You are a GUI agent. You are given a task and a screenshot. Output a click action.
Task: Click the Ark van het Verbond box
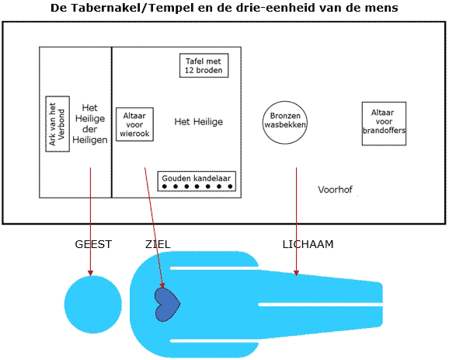click(x=57, y=124)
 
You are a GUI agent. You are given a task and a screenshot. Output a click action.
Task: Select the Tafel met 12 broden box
click(x=204, y=65)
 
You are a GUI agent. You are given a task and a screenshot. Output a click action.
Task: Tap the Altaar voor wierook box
click(x=134, y=124)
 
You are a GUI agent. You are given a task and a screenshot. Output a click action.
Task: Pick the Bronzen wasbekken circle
click(x=285, y=123)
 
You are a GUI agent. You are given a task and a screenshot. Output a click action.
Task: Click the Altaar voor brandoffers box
click(x=384, y=124)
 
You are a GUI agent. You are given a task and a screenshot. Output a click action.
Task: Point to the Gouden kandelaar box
click(x=197, y=181)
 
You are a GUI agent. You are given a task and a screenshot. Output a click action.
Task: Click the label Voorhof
click(x=335, y=190)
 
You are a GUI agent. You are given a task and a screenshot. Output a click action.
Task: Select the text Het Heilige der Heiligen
click(x=90, y=124)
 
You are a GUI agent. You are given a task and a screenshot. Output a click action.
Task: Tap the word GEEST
click(x=93, y=244)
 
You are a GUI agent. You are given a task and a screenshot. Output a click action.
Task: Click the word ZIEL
click(x=158, y=244)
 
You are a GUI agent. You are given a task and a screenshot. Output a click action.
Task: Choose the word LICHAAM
click(x=308, y=244)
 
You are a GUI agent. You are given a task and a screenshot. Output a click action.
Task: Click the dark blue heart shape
click(x=167, y=304)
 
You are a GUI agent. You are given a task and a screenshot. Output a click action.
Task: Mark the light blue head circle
click(x=93, y=304)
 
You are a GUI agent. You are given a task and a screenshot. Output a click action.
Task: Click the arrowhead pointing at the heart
click(x=162, y=285)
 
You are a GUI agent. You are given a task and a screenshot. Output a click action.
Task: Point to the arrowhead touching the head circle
click(x=90, y=273)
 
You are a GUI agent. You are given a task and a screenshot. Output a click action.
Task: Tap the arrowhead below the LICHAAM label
click(x=297, y=273)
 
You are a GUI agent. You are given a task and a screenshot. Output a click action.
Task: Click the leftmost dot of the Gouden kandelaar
click(x=165, y=187)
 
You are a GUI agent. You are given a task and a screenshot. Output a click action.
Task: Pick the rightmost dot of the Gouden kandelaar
click(x=230, y=187)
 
